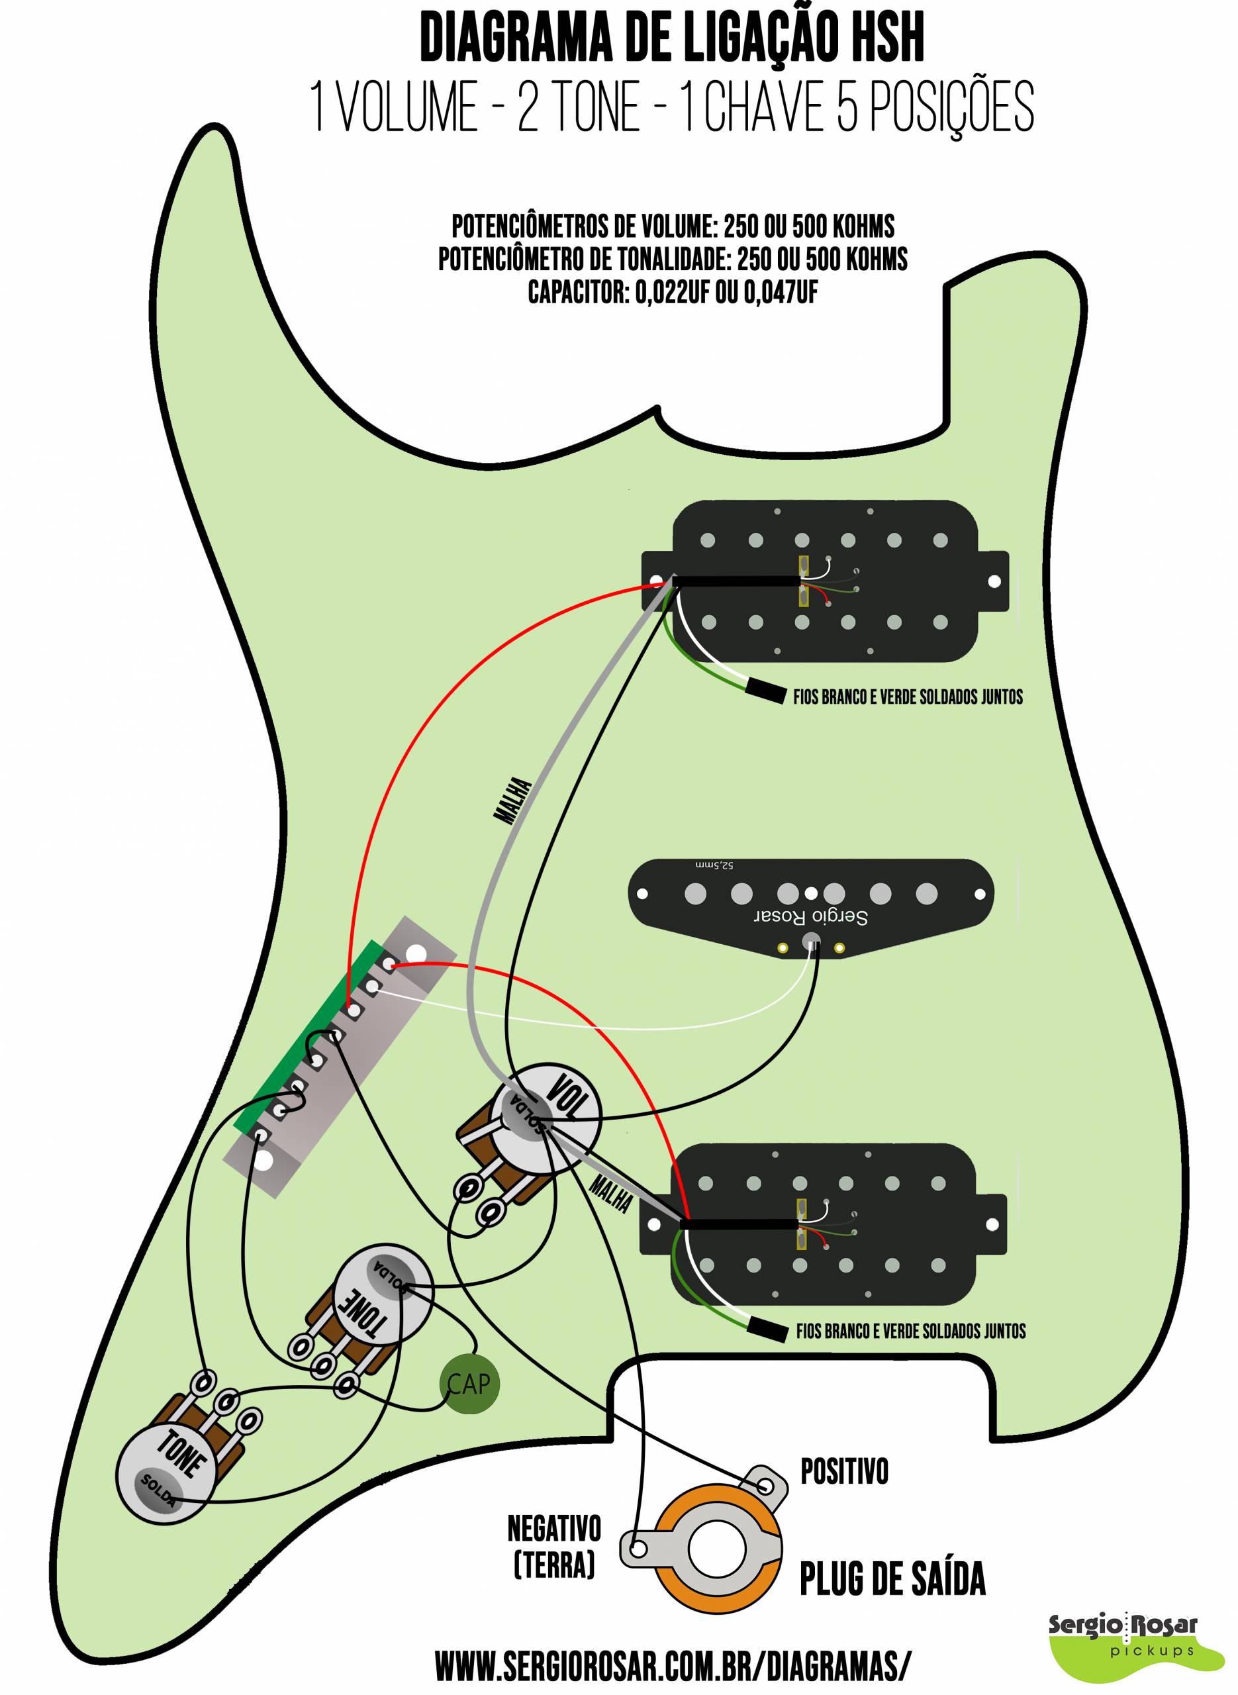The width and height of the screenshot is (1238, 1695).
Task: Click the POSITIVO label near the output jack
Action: [845, 1472]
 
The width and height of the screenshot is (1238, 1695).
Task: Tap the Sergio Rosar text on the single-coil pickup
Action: [810, 916]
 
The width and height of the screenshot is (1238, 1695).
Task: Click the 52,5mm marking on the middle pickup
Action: [714, 865]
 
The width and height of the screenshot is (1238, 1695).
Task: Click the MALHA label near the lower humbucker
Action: [610, 1194]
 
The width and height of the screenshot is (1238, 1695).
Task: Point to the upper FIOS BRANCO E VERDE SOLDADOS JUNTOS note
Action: [908, 697]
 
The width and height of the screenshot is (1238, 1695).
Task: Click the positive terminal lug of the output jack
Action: [767, 1484]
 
